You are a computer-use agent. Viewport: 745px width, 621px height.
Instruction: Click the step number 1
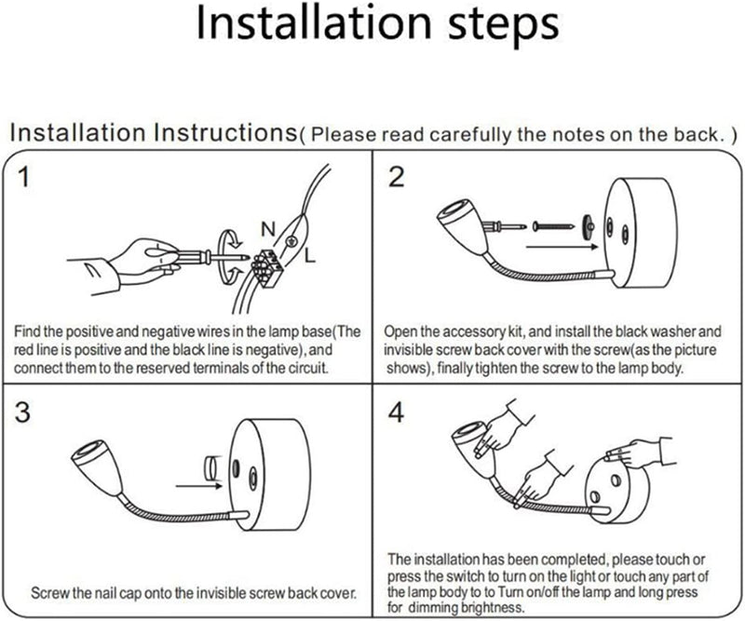point(22,177)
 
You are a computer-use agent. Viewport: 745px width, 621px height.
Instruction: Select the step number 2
point(397,177)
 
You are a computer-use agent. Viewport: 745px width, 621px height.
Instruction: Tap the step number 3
point(22,412)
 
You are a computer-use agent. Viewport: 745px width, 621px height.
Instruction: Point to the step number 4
point(397,412)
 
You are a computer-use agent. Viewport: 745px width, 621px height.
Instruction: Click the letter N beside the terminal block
point(268,229)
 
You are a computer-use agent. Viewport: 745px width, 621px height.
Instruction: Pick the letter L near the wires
point(309,256)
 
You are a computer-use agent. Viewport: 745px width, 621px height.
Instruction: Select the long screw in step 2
point(553,225)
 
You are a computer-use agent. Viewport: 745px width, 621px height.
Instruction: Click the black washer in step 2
point(589,225)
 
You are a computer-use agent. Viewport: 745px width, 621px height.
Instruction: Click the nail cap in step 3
point(211,467)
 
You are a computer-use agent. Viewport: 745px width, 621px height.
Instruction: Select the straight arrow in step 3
point(199,486)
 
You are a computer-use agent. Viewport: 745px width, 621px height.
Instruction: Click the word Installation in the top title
point(314,23)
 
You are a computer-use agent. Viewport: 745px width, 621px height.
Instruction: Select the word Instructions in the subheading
point(224,132)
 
